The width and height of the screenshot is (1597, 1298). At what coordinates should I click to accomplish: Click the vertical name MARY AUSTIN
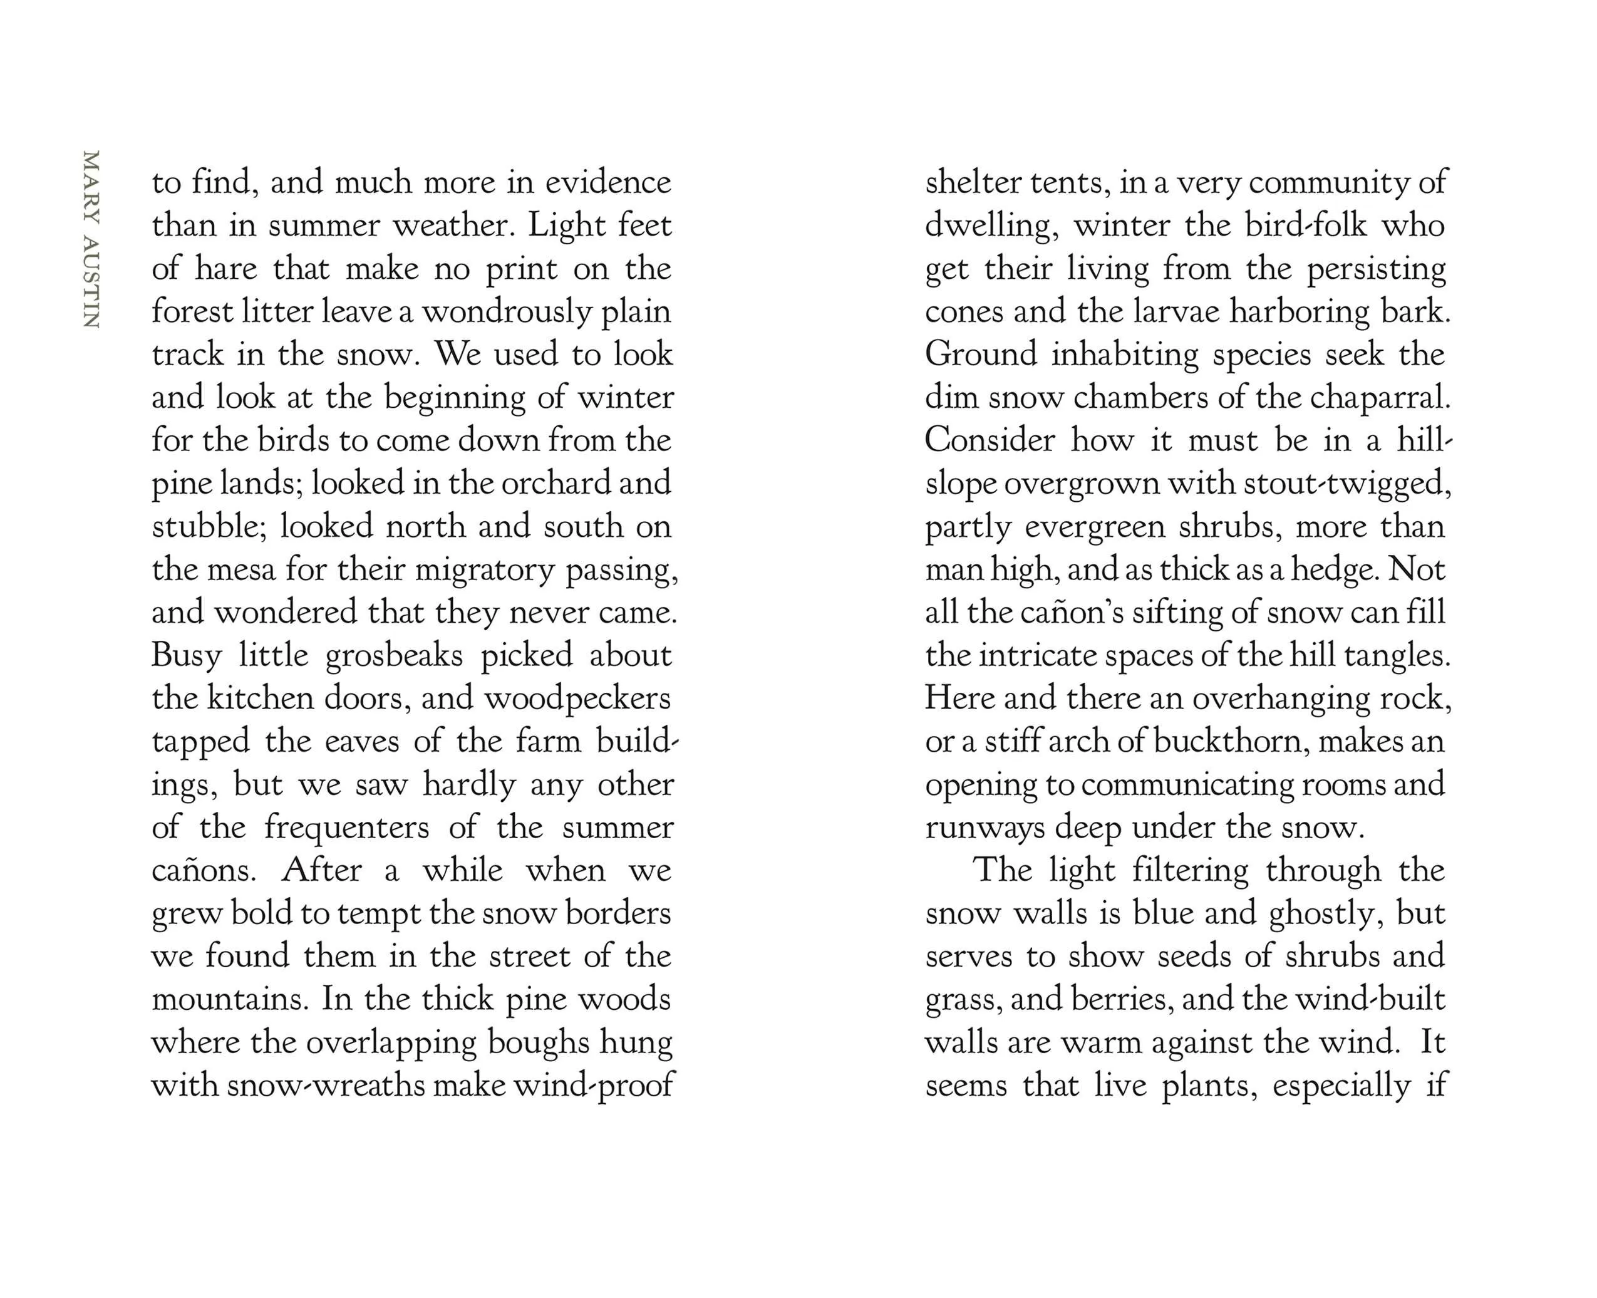pyautogui.click(x=91, y=239)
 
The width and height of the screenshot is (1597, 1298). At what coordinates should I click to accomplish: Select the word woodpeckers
pyautogui.click(x=577, y=699)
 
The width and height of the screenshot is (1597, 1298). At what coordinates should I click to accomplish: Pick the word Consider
pyautogui.click(x=989, y=440)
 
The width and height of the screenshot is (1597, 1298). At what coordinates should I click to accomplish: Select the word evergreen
pyautogui.click(x=1094, y=527)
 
